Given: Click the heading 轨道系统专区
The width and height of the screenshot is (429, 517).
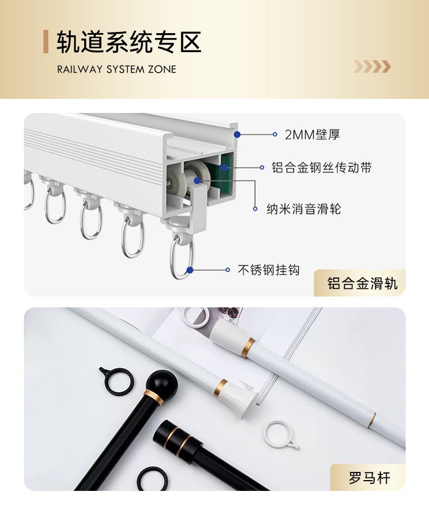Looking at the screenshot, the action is coord(129,42).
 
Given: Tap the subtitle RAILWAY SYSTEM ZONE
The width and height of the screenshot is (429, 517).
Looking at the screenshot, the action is coord(117,70).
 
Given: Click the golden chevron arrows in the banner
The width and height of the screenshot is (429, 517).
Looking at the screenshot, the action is coord(373,67).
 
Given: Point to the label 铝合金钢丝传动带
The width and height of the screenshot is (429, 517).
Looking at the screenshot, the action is coord(321,167).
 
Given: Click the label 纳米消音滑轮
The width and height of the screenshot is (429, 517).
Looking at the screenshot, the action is coord(304,209).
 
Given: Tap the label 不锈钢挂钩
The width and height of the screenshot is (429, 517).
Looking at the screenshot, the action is coord(269,270).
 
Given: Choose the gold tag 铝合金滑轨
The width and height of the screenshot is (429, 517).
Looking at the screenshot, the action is coord(362,283).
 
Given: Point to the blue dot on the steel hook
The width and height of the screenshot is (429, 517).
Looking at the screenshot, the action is coord(190,270).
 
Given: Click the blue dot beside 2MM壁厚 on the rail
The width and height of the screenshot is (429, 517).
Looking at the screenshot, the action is coord(237,135).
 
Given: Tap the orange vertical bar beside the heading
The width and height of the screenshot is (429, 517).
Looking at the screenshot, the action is coord(46,42).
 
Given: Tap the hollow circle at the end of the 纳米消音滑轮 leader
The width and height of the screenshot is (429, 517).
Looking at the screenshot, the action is coord(255,209).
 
